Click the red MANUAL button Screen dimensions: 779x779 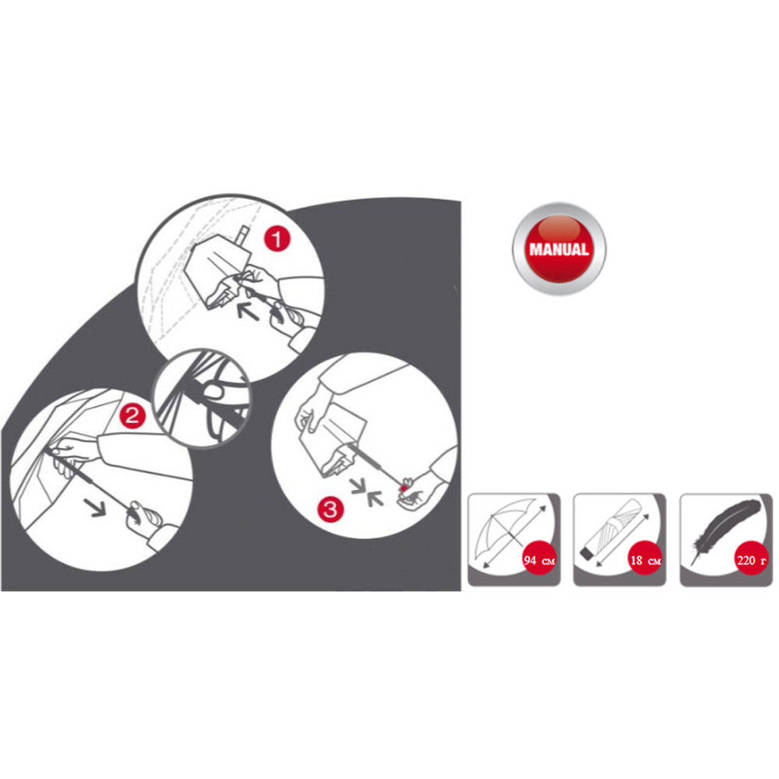(559, 249)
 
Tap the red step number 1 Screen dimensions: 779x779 (277, 238)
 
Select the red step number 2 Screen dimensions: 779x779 (132, 415)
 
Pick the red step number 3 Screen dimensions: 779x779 (330, 509)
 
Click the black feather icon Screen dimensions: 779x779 (724, 530)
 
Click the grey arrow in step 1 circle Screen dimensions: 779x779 (247, 310)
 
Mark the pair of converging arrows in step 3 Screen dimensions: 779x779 (367, 492)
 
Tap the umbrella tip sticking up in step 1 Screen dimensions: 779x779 (244, 236)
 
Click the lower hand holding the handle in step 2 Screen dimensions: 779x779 (144, 516)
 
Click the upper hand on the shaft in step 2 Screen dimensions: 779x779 (69, 455)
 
